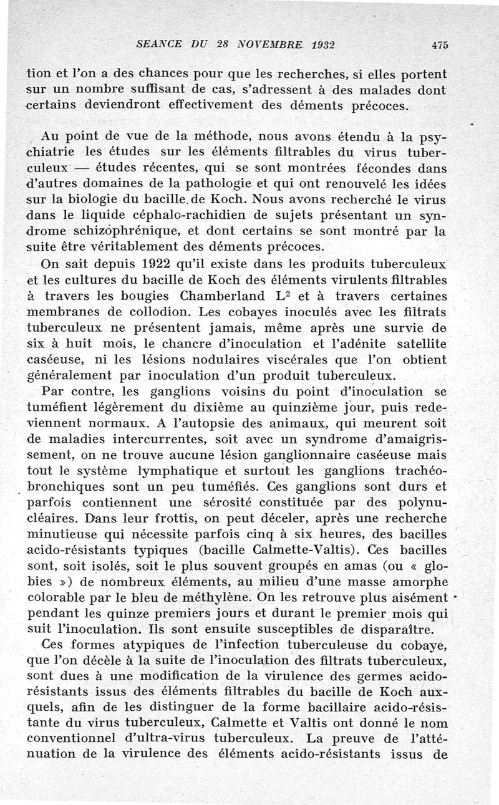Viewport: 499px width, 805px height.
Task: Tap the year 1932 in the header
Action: pos(316,44)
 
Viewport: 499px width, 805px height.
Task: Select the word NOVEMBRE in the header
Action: pos(255,44)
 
